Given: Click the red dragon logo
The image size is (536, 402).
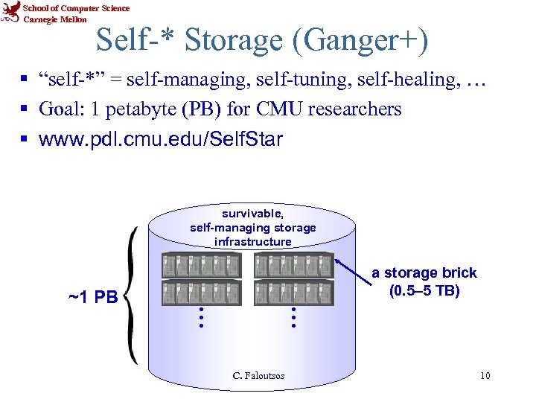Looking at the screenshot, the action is [x=11, y=13].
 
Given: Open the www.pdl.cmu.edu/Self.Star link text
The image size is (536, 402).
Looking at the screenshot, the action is [x=161, y=139].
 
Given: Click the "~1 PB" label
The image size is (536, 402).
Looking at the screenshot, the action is [x=92, y=298].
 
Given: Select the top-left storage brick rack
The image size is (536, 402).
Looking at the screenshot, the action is [x=202, y=265].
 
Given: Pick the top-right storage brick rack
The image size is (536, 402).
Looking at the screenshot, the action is [x=293, y=265].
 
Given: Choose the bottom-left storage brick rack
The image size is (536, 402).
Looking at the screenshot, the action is [x=202, y=293].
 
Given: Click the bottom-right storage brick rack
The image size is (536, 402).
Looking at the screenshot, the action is [x=293, y=293].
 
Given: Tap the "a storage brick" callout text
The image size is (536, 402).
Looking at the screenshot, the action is [x=424, y=273].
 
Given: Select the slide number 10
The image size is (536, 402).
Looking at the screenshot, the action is [x=485, y=376].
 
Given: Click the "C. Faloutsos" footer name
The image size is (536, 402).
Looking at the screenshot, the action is [x=258, y=376].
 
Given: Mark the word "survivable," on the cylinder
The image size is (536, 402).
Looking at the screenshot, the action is [x=252, y=214].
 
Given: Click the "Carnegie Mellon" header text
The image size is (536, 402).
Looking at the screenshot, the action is [x=55, y=19].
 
